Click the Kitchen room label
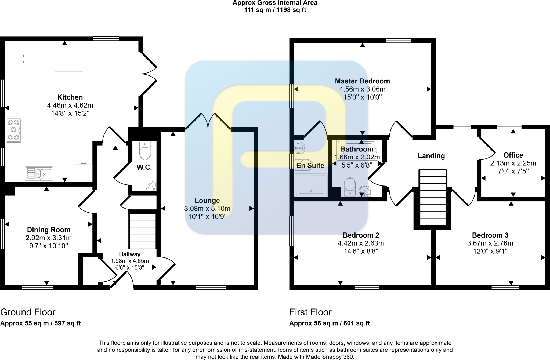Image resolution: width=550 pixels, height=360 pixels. pos(70,97)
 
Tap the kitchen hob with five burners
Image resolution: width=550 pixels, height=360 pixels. pos(14,130)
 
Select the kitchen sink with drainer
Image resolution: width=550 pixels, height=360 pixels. pos(39,173)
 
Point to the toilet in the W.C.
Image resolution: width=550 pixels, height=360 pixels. pos(145,151)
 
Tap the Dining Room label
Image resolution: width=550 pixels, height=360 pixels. pos(49,230)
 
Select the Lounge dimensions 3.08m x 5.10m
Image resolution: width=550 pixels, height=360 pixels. pos(207,209)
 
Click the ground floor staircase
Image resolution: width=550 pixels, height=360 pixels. pos(143,231)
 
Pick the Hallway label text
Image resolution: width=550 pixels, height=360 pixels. pos(130,254)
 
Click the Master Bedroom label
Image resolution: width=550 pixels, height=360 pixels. pos(362,81)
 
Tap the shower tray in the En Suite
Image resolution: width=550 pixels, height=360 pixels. pos(311,185)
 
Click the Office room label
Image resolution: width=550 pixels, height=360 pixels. pos(513,155)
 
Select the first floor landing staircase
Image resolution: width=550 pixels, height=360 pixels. pos(433,197)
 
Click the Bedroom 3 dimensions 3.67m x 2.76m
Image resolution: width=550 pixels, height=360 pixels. pos(490,243)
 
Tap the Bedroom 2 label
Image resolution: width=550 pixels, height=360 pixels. pos(361,235)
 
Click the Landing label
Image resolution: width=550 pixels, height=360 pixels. pos(431,156)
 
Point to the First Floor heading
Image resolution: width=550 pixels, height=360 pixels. pos(310,312)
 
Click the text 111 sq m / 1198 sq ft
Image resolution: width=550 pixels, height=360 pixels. pos(275,10)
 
